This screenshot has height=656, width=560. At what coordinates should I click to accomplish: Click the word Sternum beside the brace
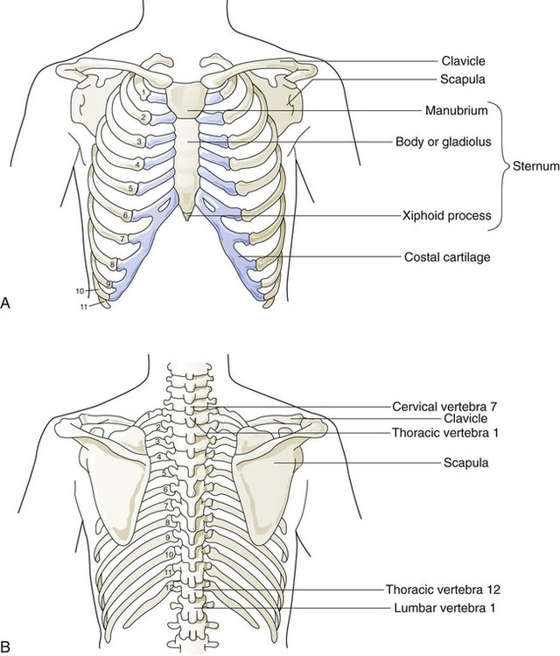click(535, 163)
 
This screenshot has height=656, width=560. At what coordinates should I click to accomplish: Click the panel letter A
click(8, 303)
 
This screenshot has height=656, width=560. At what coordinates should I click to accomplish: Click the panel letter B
click(8, 646)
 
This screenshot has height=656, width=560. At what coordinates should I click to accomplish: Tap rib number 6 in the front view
click(126, 215)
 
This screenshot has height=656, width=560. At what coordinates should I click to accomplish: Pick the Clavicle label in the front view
click(462, 61)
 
